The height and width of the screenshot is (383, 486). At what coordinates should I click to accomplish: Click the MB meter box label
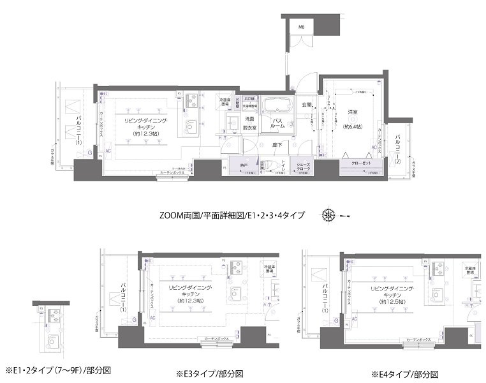click(x=302, y=26)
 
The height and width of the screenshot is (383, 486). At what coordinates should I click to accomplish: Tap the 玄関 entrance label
click(x=307, y=105)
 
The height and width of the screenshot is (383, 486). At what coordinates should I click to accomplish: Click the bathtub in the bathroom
click(x=277, y=105)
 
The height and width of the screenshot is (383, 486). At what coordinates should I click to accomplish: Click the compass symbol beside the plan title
click(x=330, y=214)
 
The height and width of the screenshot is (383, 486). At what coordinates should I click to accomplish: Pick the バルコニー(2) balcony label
click(x=397, y=148)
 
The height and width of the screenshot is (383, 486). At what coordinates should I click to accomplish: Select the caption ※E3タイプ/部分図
click(x=209, y=373)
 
